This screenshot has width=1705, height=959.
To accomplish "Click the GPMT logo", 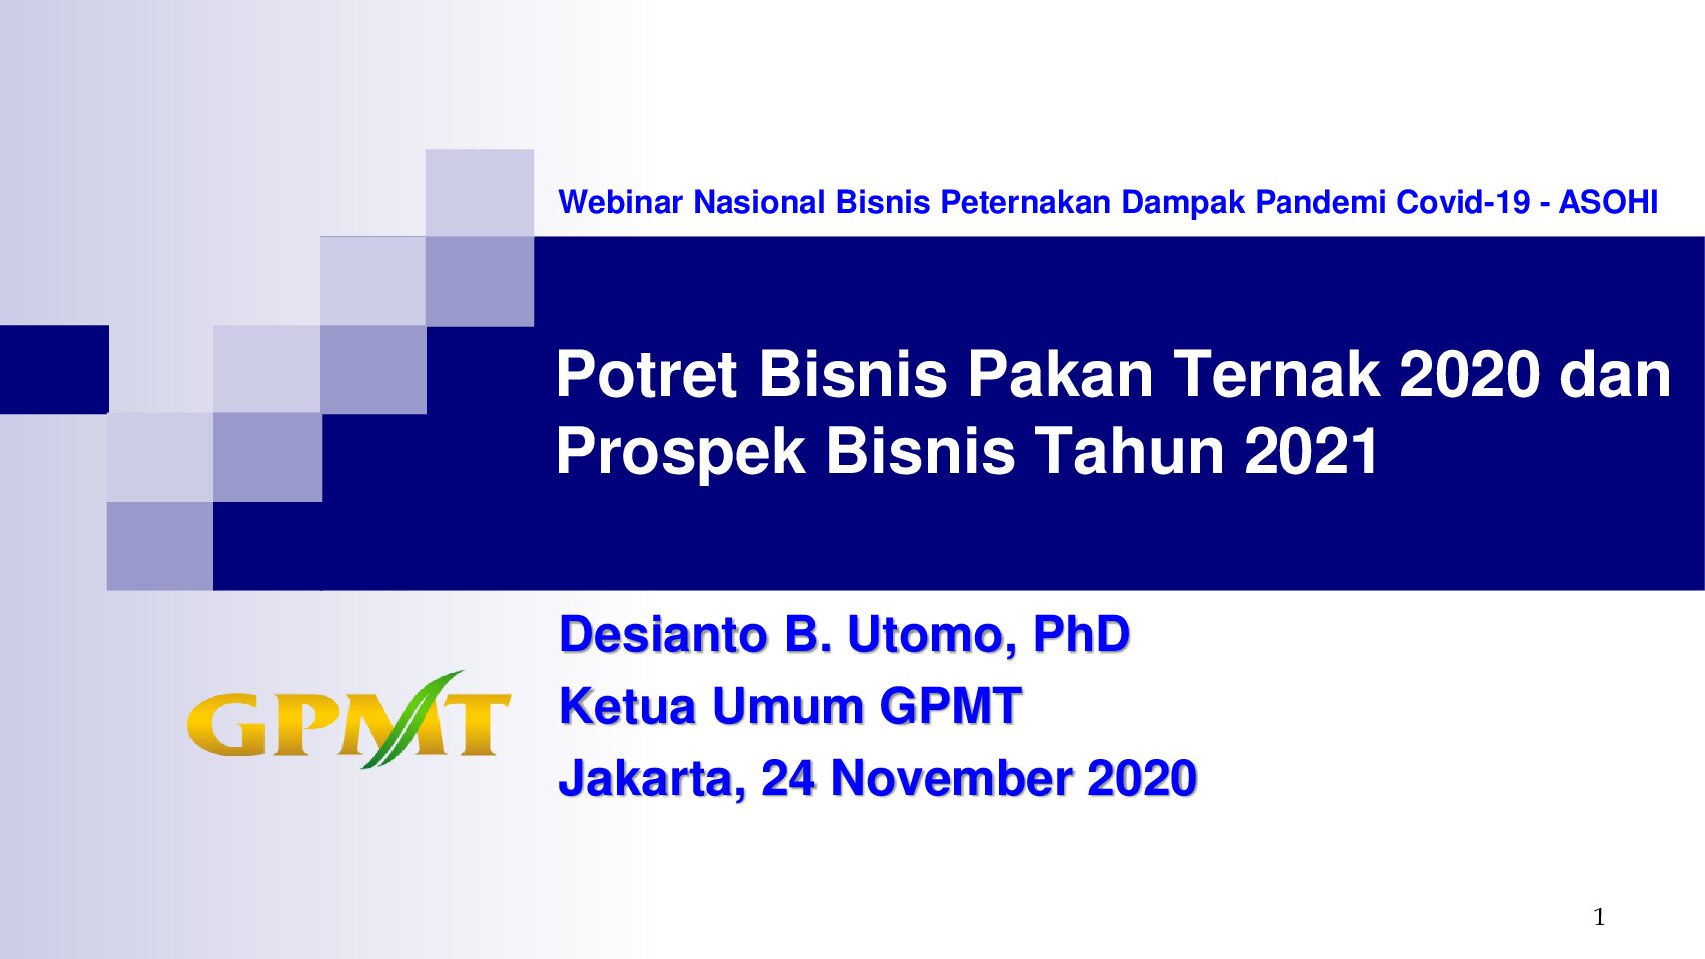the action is (349, 720).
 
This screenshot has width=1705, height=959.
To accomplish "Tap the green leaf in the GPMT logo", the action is (412, 720).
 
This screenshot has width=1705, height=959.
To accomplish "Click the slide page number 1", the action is (1599, 917).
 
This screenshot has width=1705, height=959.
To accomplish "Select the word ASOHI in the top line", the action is (1608, 203).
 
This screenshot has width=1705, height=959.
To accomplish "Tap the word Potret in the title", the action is (646, 374).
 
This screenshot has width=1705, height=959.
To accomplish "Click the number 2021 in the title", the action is (1310, 451).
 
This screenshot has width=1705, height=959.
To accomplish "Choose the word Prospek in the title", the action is (680, 454).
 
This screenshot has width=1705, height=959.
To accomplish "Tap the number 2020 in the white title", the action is (1470, 374).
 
